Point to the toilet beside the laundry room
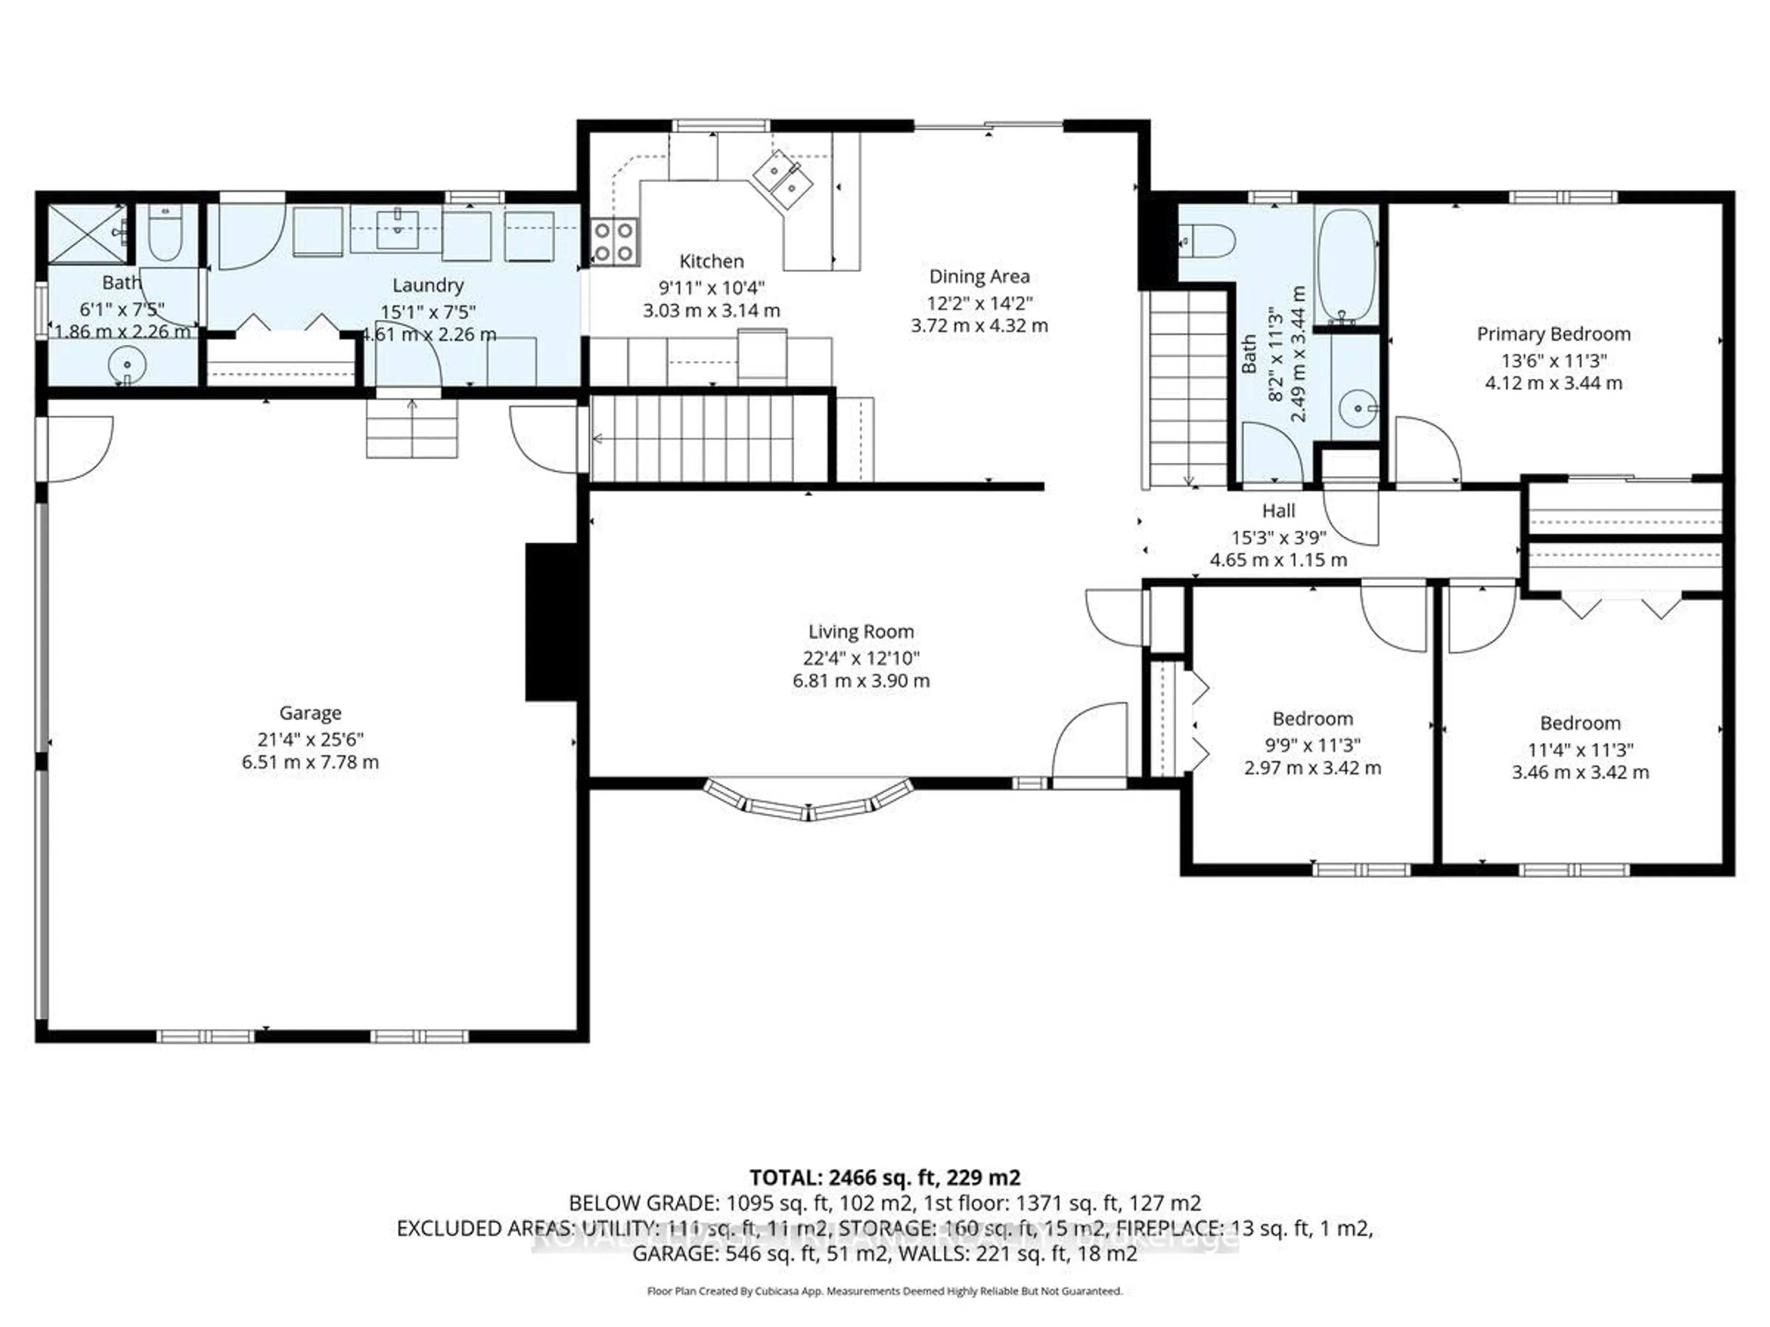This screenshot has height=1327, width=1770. [165, 233]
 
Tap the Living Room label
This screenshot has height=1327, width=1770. [861, 632]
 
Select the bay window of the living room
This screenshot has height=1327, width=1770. [808, 802]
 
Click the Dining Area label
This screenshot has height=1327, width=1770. [979, 277]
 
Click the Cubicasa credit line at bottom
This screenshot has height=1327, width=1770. [884, 1291]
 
